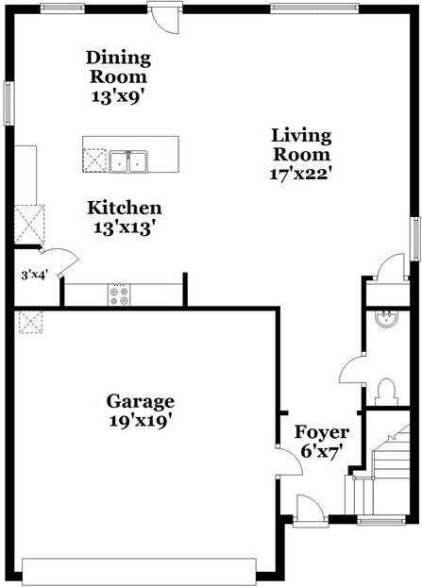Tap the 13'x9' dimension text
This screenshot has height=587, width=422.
(117, 96)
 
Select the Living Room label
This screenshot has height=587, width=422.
(300, 144)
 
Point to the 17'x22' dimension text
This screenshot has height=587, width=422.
(300, 174)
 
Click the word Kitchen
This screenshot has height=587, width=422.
(124, 208)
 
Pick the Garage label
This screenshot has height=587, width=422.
(141, 400)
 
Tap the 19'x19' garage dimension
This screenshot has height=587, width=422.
(141, 422)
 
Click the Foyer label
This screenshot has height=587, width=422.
(322, 432)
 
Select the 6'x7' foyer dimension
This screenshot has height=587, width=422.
(321, 451)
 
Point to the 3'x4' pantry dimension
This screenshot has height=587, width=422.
(34, 276)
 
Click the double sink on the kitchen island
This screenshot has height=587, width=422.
(129, 161)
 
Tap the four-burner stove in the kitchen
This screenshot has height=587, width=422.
(120, 293)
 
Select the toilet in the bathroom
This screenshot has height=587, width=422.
(385, 390)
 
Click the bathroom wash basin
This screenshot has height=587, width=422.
(385, 318)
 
